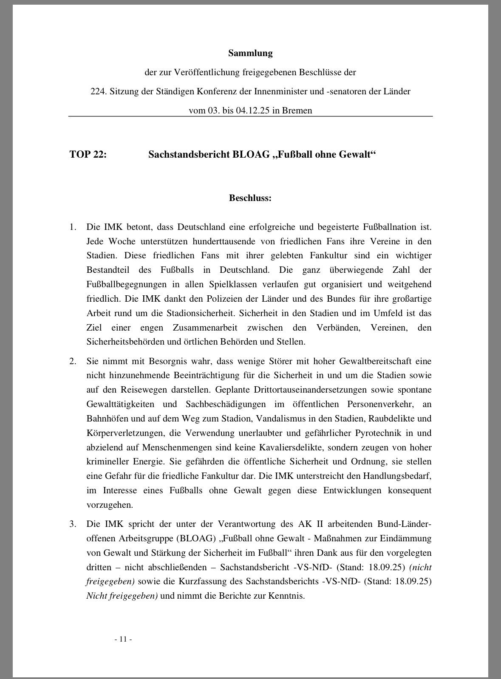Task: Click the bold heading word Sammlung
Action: [x=250, y=53]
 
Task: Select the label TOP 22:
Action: [x=88, y=154]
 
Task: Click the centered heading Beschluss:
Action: [x=250, y=198]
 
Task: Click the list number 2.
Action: [x=73, y=361]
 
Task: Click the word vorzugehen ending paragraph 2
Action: [x=104, y=505]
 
